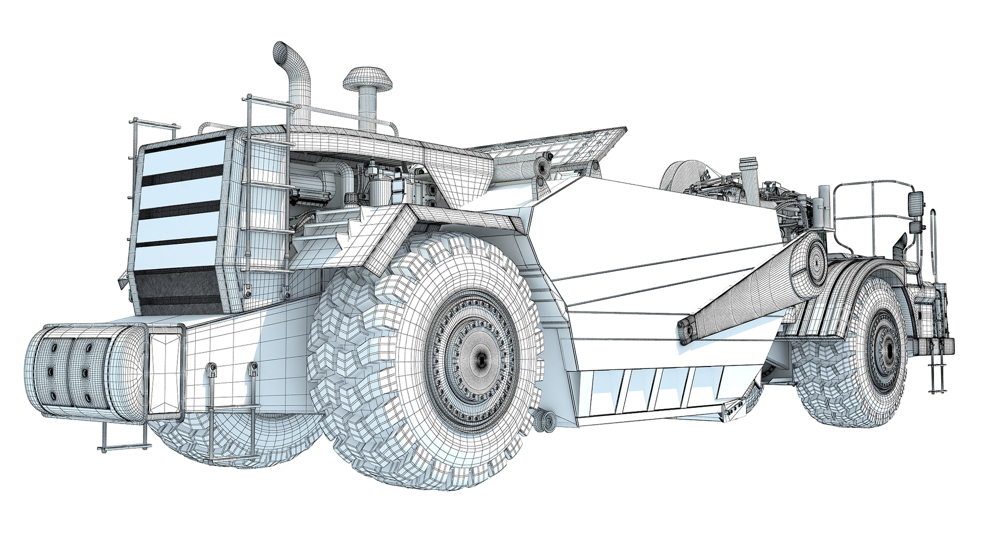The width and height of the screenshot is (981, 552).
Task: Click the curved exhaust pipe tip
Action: tap(281, 52)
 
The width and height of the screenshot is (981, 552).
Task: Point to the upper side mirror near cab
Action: tap(916, 203)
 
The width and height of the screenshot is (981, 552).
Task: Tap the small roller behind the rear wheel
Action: tap(546, 421)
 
